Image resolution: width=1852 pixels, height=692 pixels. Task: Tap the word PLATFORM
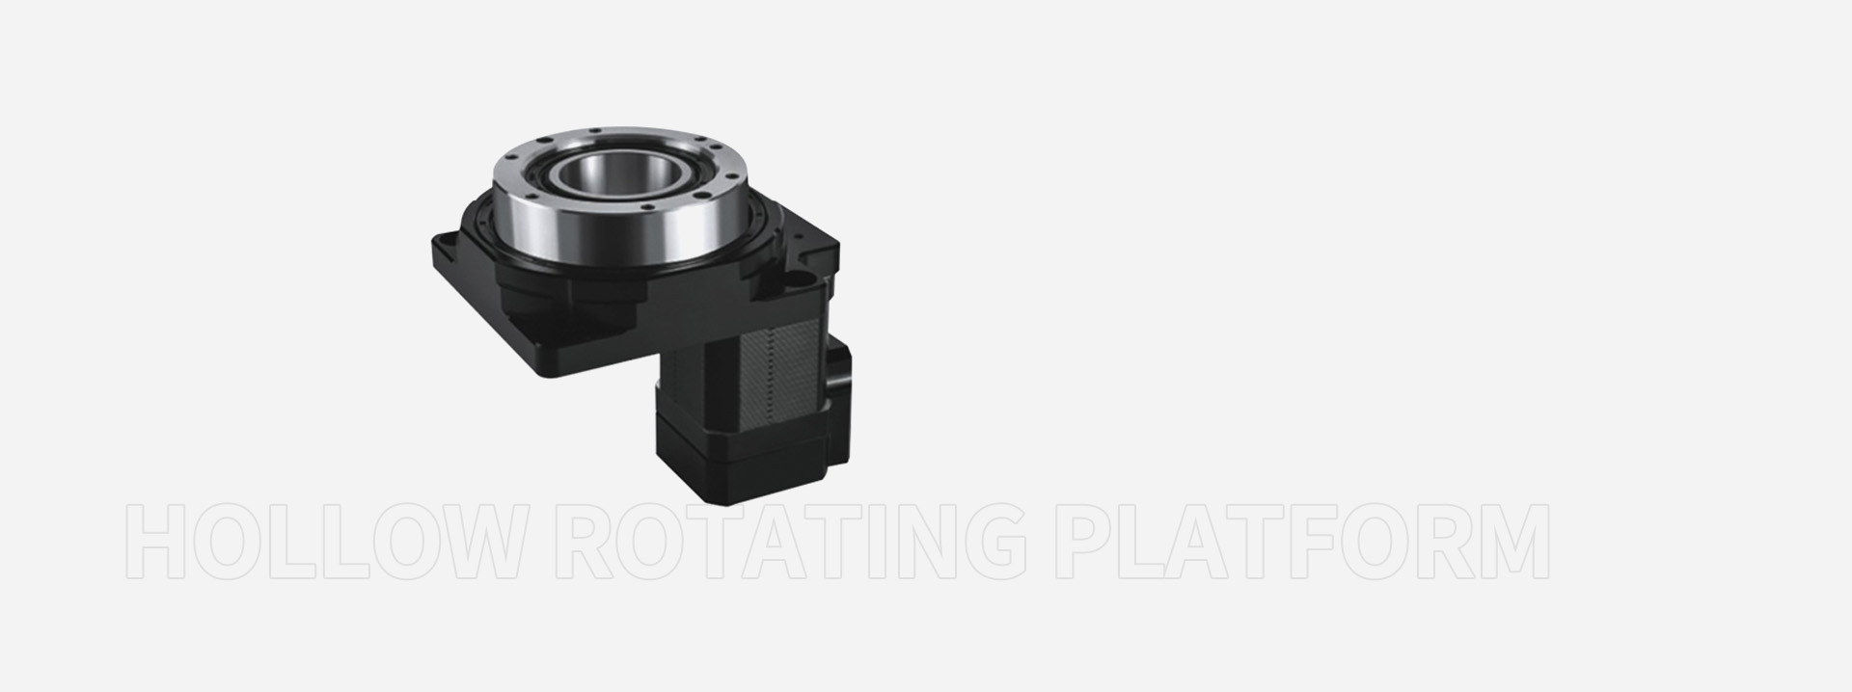click(x=1303, y=541)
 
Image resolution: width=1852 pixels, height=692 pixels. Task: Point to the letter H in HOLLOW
click(x=157, y=541)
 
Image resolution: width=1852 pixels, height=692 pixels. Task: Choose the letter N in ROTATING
click(x=915, y=541)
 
